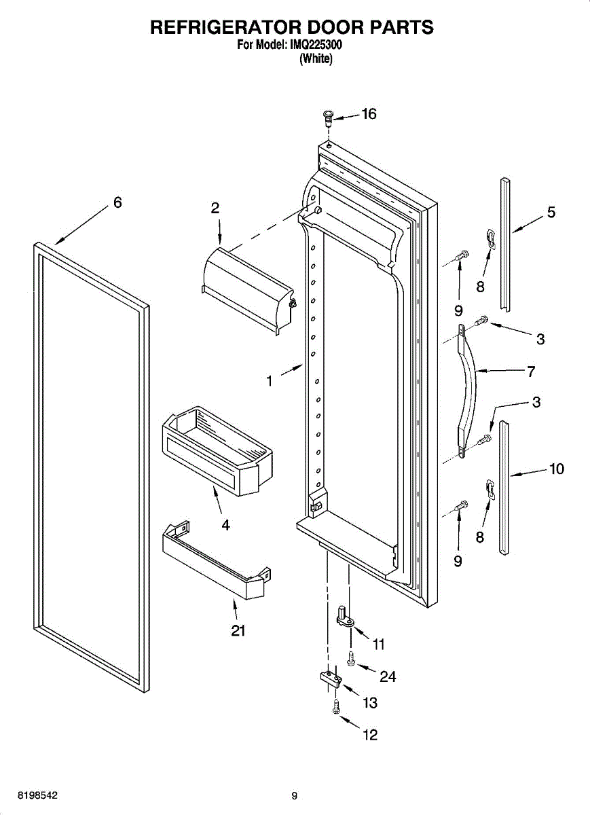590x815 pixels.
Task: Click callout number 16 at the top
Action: click(369, 114)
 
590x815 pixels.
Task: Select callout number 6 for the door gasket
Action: click(117, 202)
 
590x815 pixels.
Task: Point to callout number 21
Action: click(238, 631)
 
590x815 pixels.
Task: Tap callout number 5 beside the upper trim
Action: click(551, 213)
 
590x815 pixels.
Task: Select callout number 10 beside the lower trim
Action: click(557, 469)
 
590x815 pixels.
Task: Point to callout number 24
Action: click(388, 677)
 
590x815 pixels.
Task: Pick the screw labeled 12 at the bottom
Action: click(335, 708)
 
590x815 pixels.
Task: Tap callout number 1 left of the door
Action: click(270, 382)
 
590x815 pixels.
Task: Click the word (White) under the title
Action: click(316, 59)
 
